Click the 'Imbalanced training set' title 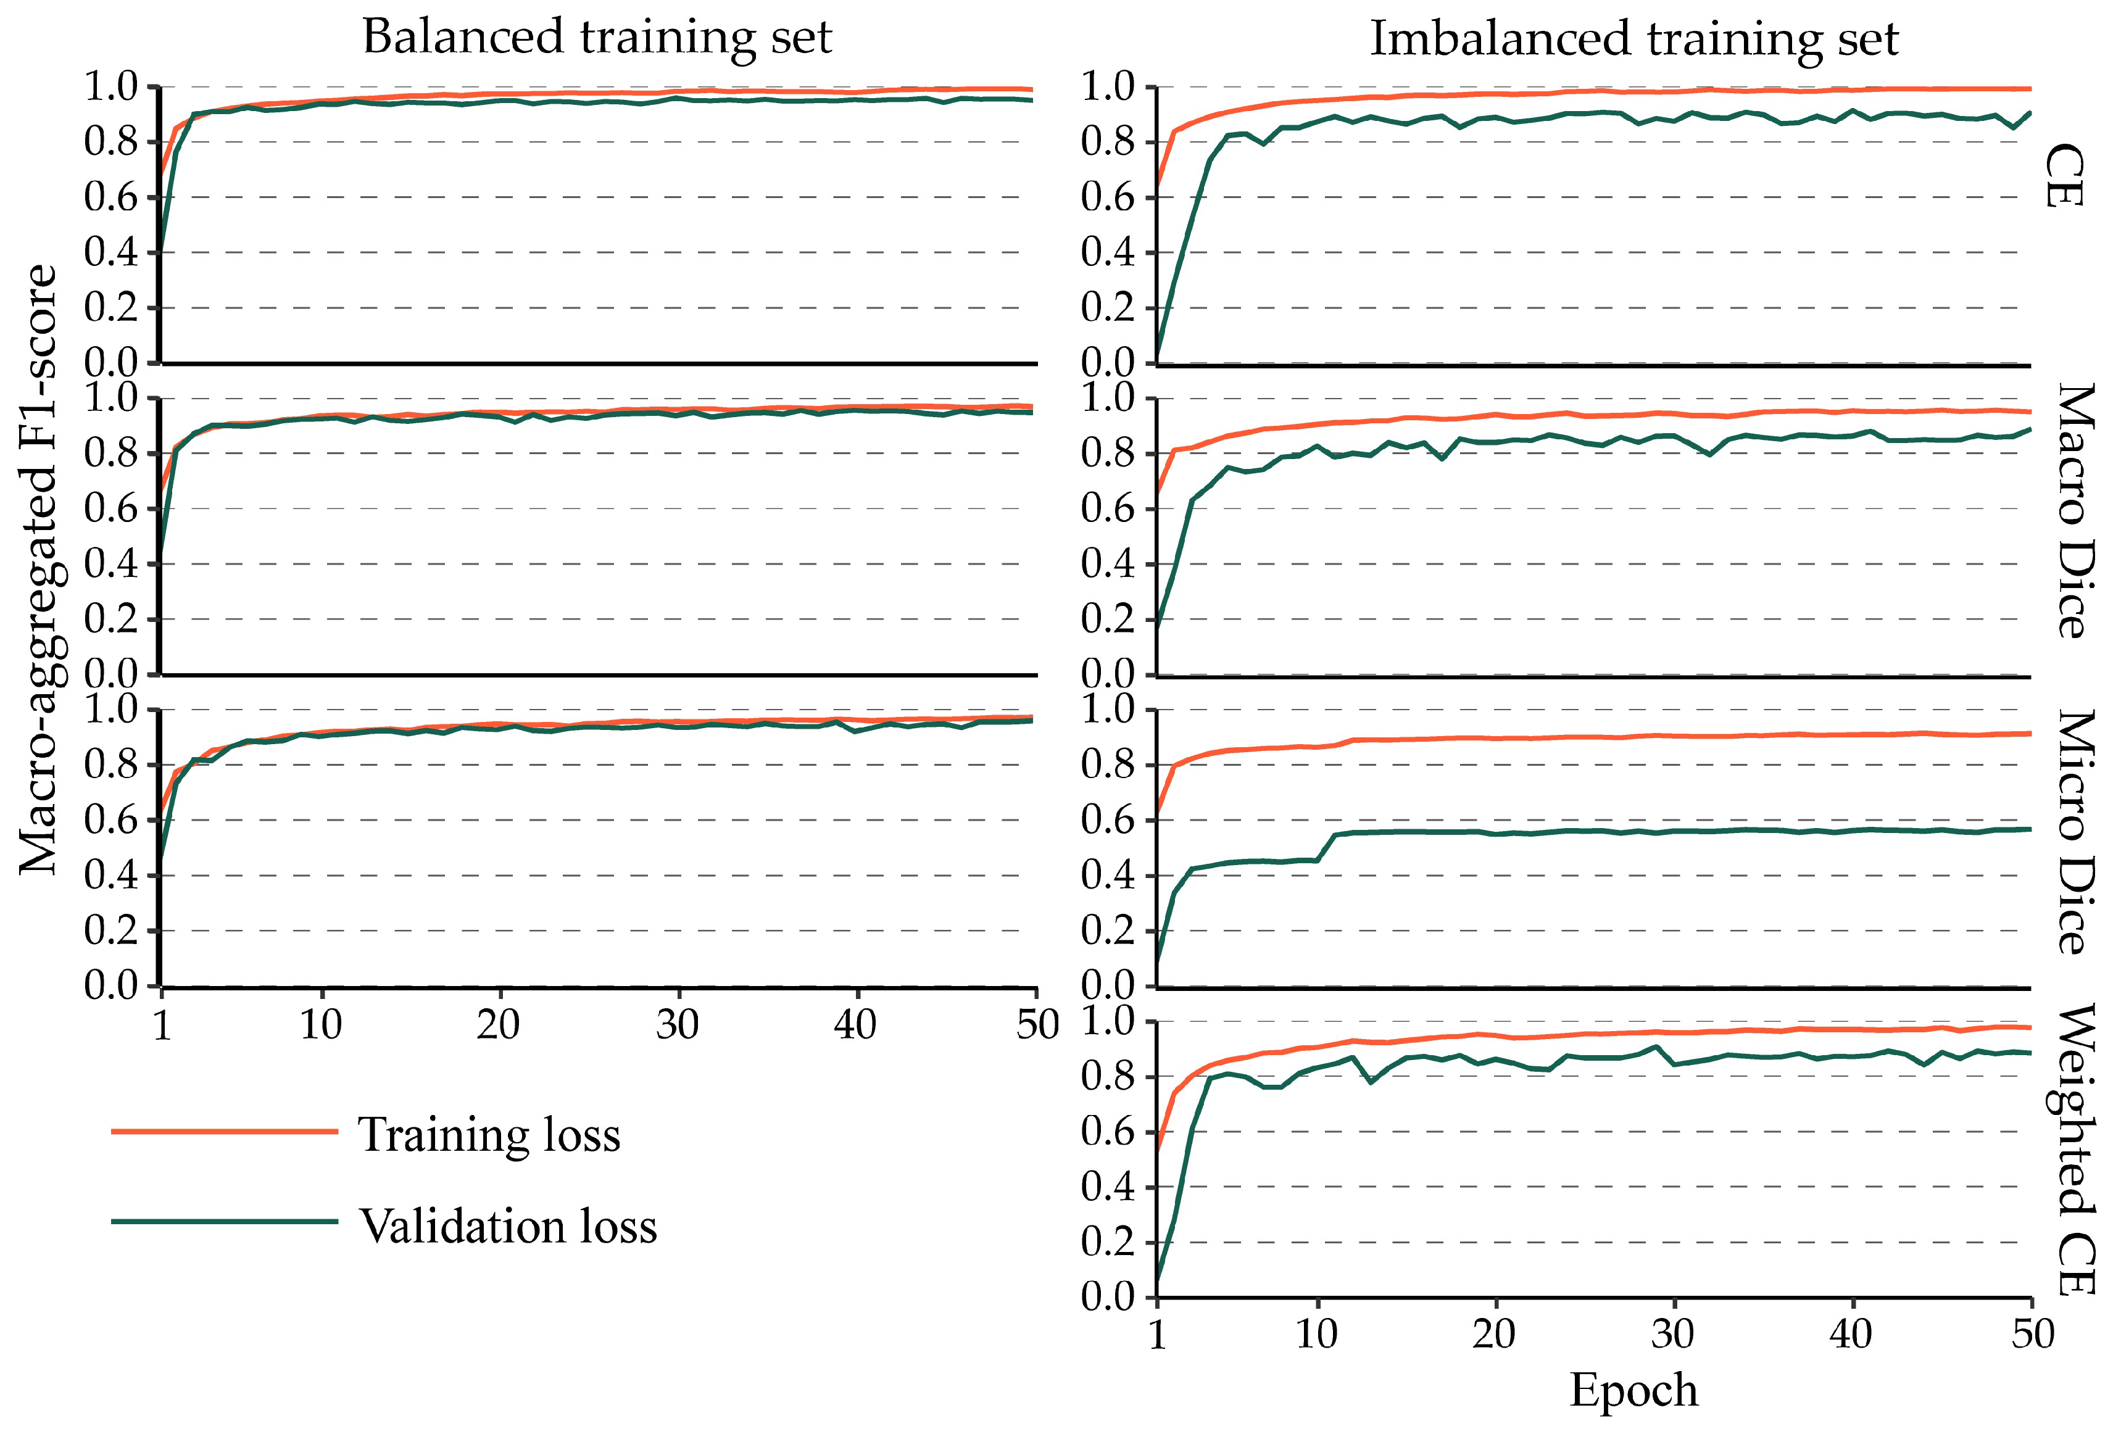pyautogui.click(x=1633, y=40)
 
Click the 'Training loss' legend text pyautogui.click(x=489, y=1135)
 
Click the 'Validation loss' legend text pyautogui.click(x=507, y=1226)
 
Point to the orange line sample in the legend pyautogui.click(x=225, y=1132)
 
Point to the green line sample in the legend pyautogui.click(x=225, y=1221)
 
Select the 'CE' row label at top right pyautogui.click(x=2064, y=177)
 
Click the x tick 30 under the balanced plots pyautogui.click(x=677, y=1025)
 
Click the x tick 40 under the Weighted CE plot pyautogui.click(x=1851, y=1335)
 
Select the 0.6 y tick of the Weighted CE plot pyautogui.click(x=1107, y=1132)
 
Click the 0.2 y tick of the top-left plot pyautogui.click(x=110, y=308)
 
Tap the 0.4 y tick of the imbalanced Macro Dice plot pyautogui.click(x=1107, y=563)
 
